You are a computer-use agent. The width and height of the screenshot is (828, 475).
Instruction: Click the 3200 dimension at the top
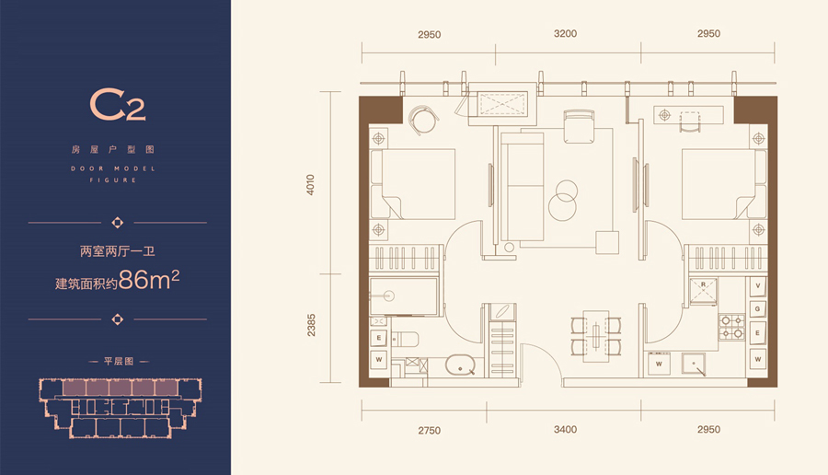click(565, 34)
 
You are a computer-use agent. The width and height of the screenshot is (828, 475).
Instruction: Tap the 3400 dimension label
click(565, 430)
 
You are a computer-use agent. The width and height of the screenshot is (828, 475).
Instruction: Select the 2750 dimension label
click(430, 431)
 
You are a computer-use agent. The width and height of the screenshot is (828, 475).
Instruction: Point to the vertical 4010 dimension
click(311, 185)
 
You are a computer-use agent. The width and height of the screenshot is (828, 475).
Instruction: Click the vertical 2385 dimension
click(311, 325)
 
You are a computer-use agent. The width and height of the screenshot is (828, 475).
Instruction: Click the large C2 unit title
click(117, 105)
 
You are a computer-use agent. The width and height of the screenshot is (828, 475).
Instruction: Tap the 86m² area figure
click(149, 279)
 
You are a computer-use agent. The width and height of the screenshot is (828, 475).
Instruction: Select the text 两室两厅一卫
click(117, 251)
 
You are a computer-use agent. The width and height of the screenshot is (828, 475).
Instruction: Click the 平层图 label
click(119, 362)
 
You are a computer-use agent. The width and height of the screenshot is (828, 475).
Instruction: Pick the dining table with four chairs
click(595, 336)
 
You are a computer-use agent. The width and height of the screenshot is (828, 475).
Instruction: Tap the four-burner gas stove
click(731, 327)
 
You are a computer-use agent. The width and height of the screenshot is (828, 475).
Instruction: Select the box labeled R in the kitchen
click(704, 292)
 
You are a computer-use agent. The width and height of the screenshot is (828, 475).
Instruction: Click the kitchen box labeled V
click(758, 285)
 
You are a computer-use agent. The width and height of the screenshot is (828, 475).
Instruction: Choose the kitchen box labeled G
click(758, 309)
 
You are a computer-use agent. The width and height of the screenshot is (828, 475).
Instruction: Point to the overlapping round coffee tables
click(563, 200)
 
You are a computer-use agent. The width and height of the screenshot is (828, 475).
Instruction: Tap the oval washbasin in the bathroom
click(461, 365)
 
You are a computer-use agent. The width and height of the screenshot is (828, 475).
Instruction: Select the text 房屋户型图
click(113, 149)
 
